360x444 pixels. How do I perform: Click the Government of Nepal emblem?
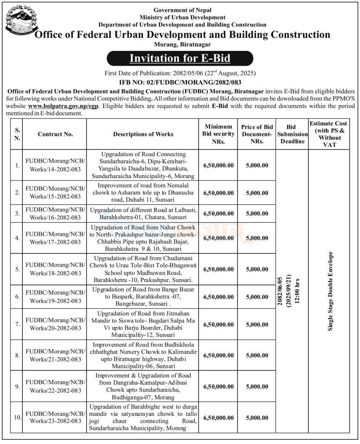[x=19, y=21]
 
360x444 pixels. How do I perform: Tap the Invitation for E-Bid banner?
[x=180, y=58]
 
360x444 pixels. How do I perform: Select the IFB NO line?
[x=180, y=82]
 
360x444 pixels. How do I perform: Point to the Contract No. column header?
[x=56, y=134]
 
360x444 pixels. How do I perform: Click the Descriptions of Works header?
[x=143, y=134]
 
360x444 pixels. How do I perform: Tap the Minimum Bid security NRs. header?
[x=218, y=134]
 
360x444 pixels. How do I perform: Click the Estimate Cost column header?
[x=329, y=134]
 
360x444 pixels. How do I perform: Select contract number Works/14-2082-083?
[x=56, y=165]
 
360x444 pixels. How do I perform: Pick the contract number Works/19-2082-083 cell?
[x=56, y=297]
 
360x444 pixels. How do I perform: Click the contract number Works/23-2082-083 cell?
[x=56, y=417]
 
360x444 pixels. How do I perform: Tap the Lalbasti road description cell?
[x=143, y=213]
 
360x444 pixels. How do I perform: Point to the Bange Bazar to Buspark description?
[x=143, y=297]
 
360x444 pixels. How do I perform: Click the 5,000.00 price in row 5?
[x=257, y=269]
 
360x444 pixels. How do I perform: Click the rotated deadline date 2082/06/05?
[x=280, y=291]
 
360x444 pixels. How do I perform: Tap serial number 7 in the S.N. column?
[x=18, y=324]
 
